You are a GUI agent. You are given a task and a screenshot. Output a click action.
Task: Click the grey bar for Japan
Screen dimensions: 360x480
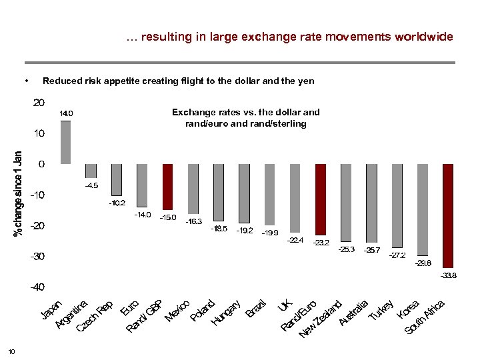(65, 142)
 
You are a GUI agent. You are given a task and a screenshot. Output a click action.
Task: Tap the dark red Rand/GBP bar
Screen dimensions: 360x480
(168, 187)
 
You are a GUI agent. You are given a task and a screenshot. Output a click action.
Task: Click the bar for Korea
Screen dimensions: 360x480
(423, 209)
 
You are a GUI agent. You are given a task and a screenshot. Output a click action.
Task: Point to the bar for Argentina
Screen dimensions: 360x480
(91, 171)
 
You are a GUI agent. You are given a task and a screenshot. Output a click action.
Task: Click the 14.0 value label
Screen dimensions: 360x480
(66, 114)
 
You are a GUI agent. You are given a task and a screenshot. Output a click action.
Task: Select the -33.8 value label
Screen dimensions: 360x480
(448, 275)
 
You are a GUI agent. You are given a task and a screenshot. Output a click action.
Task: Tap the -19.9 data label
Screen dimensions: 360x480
(270, 233)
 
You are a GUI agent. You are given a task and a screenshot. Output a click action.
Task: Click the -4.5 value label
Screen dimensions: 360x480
(91, 185)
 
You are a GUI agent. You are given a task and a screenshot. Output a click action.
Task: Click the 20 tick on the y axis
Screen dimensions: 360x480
(39, 103)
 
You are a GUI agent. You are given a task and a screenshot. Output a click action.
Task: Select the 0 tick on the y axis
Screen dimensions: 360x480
(42, 164)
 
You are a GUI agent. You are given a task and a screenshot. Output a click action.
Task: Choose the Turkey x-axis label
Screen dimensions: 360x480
(383, 307)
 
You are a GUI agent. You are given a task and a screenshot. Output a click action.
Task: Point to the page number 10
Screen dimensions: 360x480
(11, 351)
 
